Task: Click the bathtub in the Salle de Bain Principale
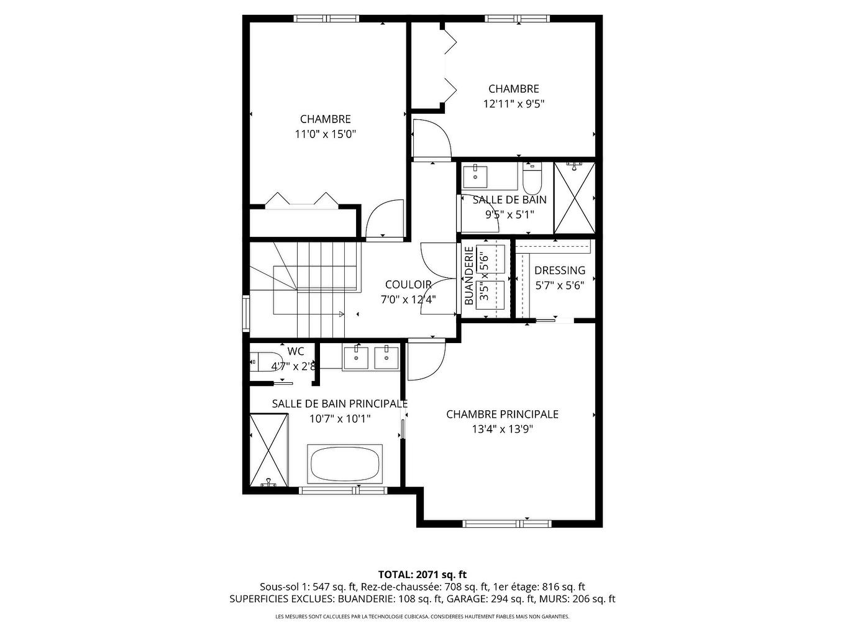pyautogui.click(x=345, y=464)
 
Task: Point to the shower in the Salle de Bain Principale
pyautogui.click(x=269, y=450)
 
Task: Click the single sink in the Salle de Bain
pyautogui.click(x=476, y=176)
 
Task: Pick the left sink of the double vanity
pyautogui.click(x=356, y=357)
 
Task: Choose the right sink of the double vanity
pyautogui.click(x=386, y=357)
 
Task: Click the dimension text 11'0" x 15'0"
pyautogui.click(x=325, y=134)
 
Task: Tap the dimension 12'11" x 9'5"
pyautogui.click(x=513, y=104)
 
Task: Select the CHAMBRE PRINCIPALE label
pyautogui.click(x=502, y=414)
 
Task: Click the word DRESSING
pyautogui.click(x=559, y=270)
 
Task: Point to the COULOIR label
pyautogui.click(x=408, y=285)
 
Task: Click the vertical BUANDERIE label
pyautogui.click(x=469, y=277)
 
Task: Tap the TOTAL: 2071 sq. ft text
pyautogui.click(x=422, y=574)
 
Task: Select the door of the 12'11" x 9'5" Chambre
pyautogui.click(x=431, y=138)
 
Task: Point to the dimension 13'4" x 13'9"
pyautogui.click(x=502, y=429)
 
